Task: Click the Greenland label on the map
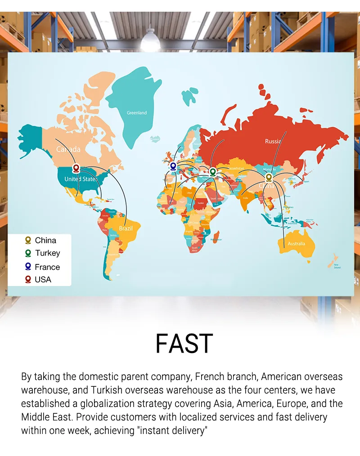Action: click(x=136, y=113)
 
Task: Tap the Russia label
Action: click(x=273, y=141)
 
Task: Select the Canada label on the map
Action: click(x=68, y=149)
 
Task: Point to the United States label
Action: click(x=81, y=179)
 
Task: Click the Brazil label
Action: click(x=126, y=228)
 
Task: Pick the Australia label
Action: click(x=297, y=244)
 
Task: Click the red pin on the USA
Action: click(x=76, y=169)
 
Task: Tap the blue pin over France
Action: click(x=173, y=166)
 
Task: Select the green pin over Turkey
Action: click(x=213, y=171)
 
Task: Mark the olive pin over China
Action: click(x=269, y=177)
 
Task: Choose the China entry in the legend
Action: click(x=45, y=240)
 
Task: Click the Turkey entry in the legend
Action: click(x=47, y=253)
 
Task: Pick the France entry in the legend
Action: click(x=47, y=267)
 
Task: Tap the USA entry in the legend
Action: click(x=43, y=279)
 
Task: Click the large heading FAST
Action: click(x=184, y=344)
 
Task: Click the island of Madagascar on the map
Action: click(x=216, y=237)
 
